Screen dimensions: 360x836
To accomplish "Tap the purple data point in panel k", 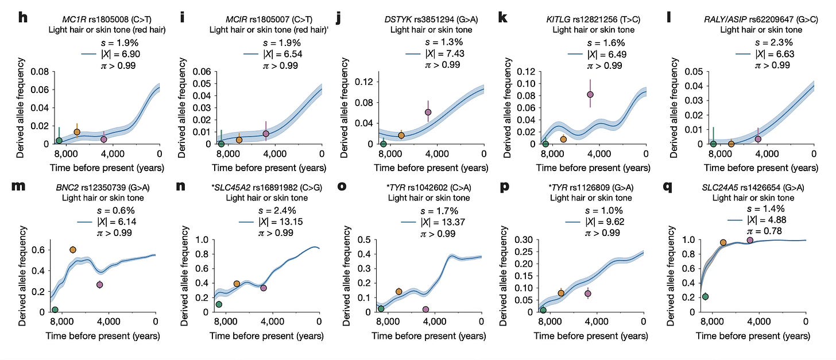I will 590,95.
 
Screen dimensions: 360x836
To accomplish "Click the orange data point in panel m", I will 73,250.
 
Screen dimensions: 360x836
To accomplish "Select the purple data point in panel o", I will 426,309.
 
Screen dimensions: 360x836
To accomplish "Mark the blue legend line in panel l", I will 745,53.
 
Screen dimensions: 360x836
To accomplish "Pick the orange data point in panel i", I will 239,140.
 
